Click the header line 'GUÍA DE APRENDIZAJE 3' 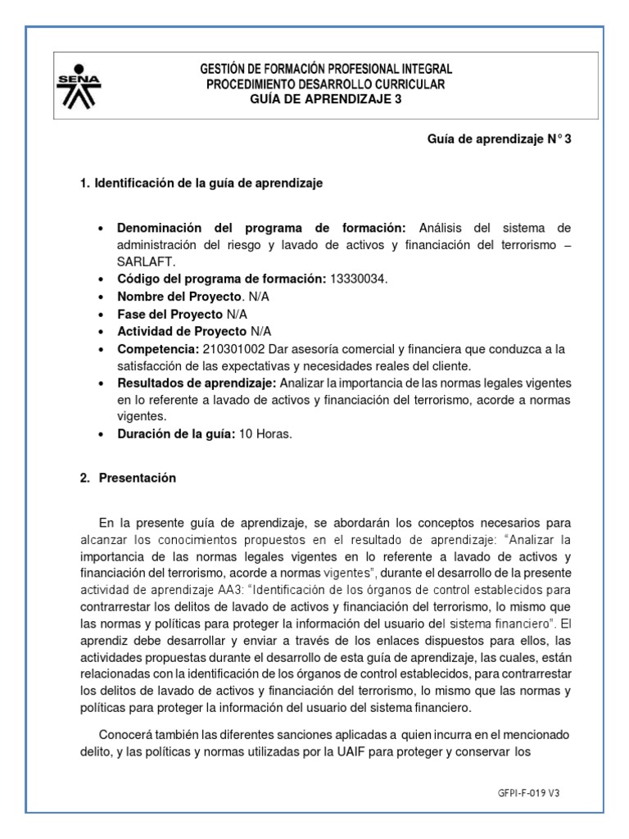[326, 99]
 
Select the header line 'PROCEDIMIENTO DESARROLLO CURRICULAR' [326, 84]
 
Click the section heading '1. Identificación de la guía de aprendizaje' [201, 184]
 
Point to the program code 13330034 [356, 279]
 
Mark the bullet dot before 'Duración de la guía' [100, 435]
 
